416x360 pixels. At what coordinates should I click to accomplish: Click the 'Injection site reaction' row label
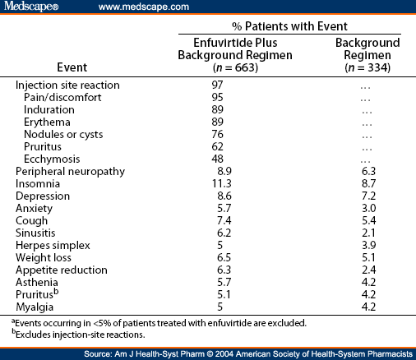[x=67, y=85]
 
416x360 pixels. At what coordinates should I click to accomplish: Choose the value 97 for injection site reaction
[x=218, y=85]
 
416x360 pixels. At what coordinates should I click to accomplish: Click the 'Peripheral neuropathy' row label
[x=70, y=171]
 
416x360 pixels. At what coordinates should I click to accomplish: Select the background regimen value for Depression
[x=367, y=196]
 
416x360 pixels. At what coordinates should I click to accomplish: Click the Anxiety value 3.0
[x=367, y=208]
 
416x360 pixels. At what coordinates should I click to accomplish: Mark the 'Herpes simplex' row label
[x=53, y=245]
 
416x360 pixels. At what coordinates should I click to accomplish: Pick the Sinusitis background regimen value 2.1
[x=367, y=233]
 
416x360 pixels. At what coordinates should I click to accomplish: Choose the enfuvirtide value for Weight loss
[x=217, y=257]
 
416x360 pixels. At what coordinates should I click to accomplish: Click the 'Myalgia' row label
[x=36, y=307]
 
